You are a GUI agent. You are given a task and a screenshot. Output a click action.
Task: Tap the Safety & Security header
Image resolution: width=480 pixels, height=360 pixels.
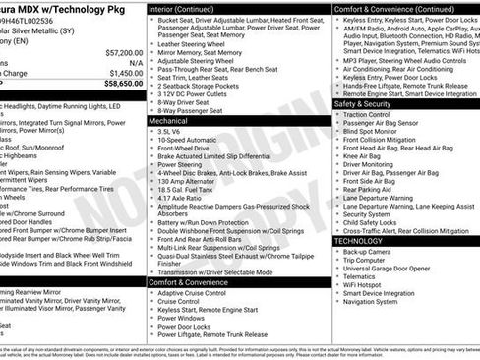(363, 102)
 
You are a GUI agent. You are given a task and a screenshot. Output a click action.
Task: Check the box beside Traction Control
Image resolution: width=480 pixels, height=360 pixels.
(336, 114)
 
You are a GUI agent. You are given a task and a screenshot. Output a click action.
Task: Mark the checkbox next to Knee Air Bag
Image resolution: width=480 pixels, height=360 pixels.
(336, 155)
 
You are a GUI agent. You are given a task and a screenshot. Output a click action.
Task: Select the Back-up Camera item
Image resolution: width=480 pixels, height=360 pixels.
(368, 252)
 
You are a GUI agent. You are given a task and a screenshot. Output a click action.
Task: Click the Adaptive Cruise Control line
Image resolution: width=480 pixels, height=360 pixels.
(193, 293)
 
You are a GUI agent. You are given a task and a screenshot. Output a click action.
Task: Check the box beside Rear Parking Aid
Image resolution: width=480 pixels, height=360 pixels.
(336, 189)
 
